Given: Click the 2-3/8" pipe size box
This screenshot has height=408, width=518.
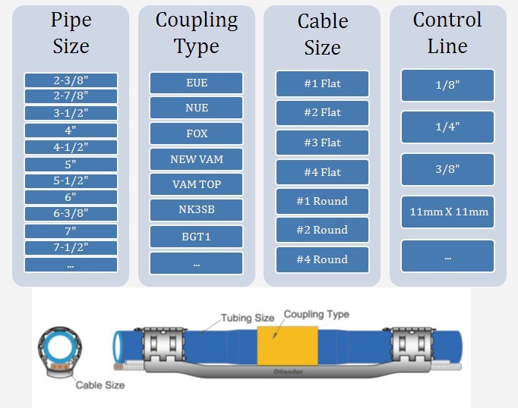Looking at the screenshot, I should click(x=71, y=80).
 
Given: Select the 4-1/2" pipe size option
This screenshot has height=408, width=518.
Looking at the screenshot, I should click(x=71, y=147).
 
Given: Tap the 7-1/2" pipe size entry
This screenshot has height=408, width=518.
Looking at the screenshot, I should click(x=71, y=248).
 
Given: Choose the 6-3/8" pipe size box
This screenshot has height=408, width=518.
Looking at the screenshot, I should click(x=71, y=215).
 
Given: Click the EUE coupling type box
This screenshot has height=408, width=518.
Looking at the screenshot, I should click(x=196, y=83).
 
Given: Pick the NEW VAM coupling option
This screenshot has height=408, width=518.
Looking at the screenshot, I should click(x=196, y=159).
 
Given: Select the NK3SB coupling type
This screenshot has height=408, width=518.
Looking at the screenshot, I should click(x=196, y=210).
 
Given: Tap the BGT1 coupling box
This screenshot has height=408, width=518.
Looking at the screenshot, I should click(x=196, y=237).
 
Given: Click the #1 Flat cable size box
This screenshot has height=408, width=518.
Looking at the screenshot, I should click(x=322, y=83).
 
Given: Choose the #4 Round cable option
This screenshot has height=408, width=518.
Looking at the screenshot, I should click(x=322, y=259).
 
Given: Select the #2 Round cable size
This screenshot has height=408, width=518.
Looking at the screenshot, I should click(x=322, y=230).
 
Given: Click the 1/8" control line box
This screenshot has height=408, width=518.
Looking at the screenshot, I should click(x=447, y=86).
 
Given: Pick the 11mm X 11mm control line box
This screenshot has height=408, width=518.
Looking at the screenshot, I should click(x=447, y=212).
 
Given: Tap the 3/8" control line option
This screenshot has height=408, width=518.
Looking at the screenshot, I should click(x=447, y=169).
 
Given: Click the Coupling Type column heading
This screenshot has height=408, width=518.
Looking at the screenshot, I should click(x=196, y=33).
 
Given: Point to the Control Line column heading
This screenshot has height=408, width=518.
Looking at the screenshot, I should click(x=447, y=33).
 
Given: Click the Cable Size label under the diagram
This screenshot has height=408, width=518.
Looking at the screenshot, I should click(x=99, y=385).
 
